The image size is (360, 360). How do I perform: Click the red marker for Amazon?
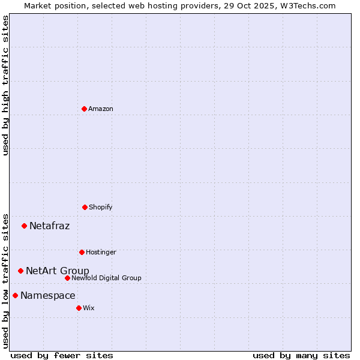(x=84, y=109)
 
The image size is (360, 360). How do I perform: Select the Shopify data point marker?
(x=85, y=207)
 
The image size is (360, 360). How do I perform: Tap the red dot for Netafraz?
(x=24, y=226)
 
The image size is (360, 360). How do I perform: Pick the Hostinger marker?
(x=82, y=252)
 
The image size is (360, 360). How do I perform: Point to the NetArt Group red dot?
(x=20, y=271)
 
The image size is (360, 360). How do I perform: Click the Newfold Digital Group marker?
(x=67, y=278)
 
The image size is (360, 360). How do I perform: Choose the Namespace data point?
(x=15, y=295)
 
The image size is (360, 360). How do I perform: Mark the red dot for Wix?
(x=79, y=308)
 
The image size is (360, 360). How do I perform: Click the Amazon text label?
(x=101, y=109)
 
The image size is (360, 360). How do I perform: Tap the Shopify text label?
(x=101, y=207)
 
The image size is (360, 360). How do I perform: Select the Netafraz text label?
(x=50, y=226)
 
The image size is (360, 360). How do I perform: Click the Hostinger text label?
(x=101, y=252)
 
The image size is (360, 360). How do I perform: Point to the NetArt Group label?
(x=58, y=271)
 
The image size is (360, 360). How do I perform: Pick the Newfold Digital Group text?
(x=106, y=278)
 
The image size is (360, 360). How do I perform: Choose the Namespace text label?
(x=48, y=296)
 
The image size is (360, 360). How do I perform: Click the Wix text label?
(x=89, y=308)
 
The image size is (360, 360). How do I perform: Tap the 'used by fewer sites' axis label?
(x=62, y=355)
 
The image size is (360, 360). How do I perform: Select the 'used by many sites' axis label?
(x=301, y=355)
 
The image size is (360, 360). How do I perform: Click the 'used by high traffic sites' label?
(x=5, y=85)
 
